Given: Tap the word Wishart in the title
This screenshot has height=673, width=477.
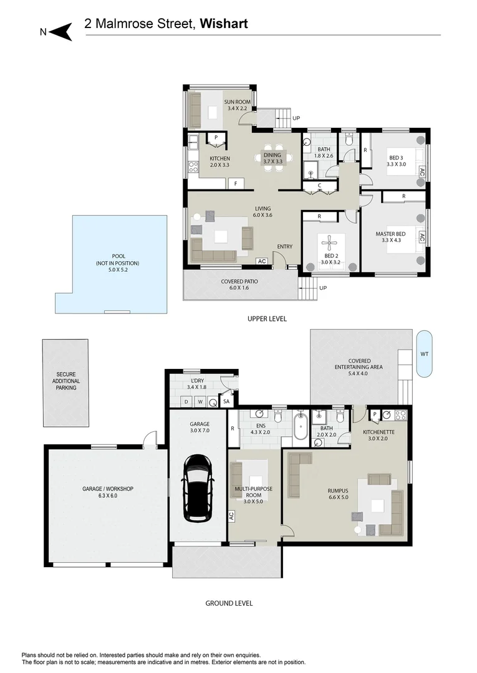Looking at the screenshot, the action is (224, 24).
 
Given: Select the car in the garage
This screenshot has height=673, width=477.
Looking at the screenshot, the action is (199, 488).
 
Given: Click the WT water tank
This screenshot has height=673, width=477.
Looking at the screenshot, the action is (424, 354).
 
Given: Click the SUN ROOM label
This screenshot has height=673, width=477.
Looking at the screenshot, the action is (237, 102).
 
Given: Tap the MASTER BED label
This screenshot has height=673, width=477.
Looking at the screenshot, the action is (390, 234).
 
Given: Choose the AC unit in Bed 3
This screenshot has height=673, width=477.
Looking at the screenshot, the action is (422, 173).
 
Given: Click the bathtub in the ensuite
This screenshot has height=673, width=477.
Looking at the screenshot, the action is (300, 426).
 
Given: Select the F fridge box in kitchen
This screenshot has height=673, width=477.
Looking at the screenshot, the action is (236, 184).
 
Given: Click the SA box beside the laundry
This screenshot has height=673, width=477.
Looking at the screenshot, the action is (227, 402).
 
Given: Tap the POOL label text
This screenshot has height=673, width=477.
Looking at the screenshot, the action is (118, 256).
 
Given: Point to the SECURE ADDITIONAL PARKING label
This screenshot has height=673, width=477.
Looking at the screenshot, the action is (66, 381).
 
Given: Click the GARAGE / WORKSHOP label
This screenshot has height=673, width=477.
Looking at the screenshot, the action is (108, 489).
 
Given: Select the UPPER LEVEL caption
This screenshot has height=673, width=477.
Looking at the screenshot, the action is (267, 319).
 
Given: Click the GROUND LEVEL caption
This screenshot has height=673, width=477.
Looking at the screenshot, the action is (229, 603).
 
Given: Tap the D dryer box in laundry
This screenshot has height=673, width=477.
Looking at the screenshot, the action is (186, 402).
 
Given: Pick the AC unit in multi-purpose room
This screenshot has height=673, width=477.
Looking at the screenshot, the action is (231, 516).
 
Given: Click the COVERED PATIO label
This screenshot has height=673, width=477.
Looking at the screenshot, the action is (239, 282).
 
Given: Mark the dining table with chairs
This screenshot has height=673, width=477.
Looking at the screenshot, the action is (272, 157).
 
